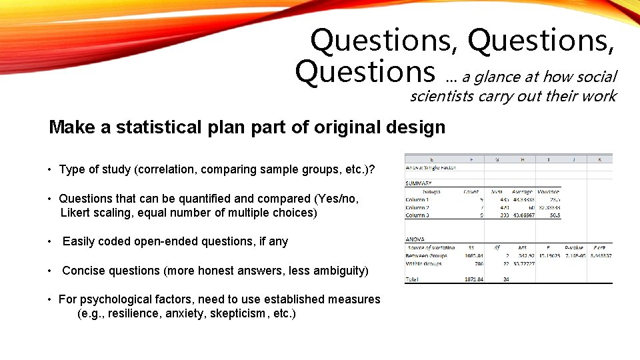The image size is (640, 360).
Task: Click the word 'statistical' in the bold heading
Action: click(x=157, y=127)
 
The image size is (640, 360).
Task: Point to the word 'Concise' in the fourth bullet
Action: click(x=83, y=271)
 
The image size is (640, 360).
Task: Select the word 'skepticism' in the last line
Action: click(x=236, y=313)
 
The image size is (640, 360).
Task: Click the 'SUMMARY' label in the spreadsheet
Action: click(x=419, y=183)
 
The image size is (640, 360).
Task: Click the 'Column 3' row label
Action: click(x=417, y=215)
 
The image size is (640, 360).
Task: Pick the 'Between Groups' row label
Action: click(x=427, y=255)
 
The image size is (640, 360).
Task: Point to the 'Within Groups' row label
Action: click(x=424, y=264)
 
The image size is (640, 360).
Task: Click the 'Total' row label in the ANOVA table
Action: click(x=413, y=280)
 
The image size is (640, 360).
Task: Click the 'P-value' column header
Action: click(x=573, y=247)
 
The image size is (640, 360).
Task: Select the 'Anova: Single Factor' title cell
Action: click(x=431, y=167)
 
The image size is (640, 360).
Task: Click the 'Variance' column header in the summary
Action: click(x=548, y=191)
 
